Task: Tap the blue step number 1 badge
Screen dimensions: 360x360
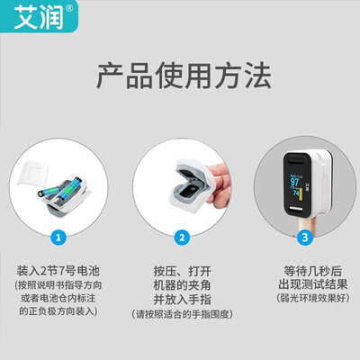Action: [x=58, y=238]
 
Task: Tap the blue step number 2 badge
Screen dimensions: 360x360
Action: [x=181, y=238]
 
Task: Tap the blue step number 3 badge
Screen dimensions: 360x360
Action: [x=304, y=238]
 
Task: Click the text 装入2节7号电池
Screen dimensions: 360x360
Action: [x=59, y=269]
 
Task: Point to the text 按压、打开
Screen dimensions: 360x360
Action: [x=181, y=269]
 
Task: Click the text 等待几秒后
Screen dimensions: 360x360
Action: [x=304, y=268]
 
